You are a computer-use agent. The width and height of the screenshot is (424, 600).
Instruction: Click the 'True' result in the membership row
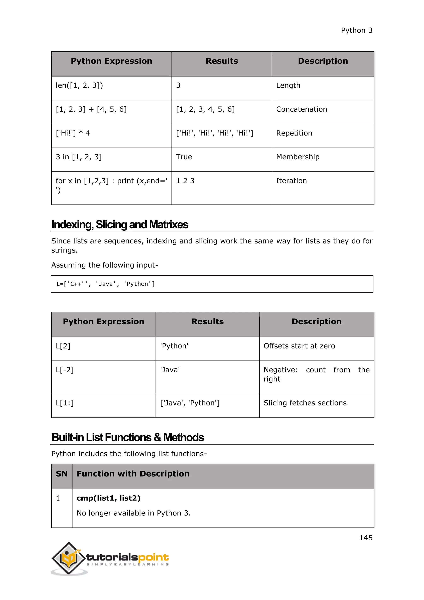click(x=184, y=157)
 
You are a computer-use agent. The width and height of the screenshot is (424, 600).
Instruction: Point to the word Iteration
click(x=291, y=181)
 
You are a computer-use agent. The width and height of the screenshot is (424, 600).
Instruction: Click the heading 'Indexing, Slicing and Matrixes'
click(x=120, y=224)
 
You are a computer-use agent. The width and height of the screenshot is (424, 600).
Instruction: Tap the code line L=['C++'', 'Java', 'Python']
click(x=105, y=284)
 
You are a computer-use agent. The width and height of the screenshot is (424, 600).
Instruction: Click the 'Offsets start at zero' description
click(x=299, y=346)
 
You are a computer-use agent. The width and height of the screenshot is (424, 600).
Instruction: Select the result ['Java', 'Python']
click(x=190, y=403)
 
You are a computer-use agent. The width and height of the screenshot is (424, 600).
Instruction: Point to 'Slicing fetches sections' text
click(x=305, y=403)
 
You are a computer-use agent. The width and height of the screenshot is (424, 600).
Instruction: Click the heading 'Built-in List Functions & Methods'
click(x=127, y=437)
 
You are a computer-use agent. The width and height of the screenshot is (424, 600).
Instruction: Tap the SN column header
click(x=62, y=474)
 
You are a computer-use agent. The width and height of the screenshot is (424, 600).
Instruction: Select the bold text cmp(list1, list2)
click(x=108, y=498)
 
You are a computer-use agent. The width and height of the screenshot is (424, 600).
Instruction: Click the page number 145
click(x=366, y=538)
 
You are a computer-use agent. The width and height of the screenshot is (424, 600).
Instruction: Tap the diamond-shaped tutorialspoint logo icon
click(x=69, y=558)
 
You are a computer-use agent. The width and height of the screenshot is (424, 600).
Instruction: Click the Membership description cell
click(x=298, y=157)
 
